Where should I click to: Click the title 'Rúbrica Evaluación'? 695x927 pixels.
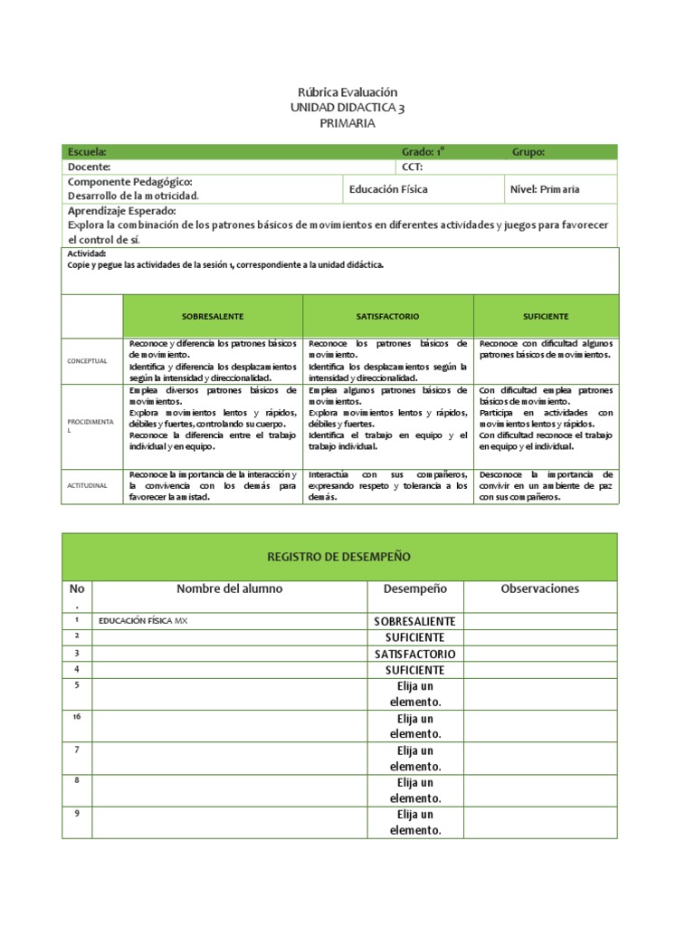[x=347, y=92]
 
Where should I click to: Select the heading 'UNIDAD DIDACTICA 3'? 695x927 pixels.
[x=347, y=108]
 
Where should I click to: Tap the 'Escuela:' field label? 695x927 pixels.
[x=87, y=152]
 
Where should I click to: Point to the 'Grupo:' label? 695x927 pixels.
[x=528, y=152]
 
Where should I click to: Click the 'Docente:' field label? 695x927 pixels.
[x=90, y=167]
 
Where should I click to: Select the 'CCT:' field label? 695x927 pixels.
[x=412, y=167]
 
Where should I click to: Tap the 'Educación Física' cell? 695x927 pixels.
[x=388, y=189]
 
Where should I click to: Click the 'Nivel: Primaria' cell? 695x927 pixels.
[x=546, y=189]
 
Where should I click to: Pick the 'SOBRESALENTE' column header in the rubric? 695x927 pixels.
[x=213, y=316]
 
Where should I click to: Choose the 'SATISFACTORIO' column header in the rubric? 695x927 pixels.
[x=388, y=316]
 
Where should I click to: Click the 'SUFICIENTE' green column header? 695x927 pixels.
[x=546, y=316]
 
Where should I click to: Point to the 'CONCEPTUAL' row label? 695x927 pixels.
[x=87, y=361]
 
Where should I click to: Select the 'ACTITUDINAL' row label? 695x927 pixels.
[x=87, y=486]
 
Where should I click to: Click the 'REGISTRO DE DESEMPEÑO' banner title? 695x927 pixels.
[x=339, y=556]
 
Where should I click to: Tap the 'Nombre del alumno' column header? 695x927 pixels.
[x=229, y=588]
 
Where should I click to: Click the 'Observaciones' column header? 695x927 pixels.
[x=539, y=588]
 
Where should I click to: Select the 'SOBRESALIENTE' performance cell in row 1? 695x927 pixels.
[x=415, y=621]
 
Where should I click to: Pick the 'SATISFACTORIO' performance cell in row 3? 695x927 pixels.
[x=415, y=654]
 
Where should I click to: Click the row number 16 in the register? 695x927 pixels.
[x=77, y=716]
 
